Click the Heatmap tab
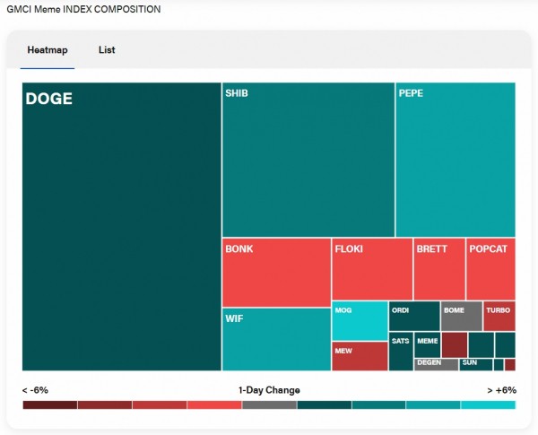tap(48, 50)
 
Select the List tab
tap(107, 50)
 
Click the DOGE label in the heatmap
tap(48, 99)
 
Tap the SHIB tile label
tap(237, 93)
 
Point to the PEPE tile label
tap(411, 93)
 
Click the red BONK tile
tap(276, 273)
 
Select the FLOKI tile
tap(372, 269)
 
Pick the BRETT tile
tap(439, 269)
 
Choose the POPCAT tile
tap(490, 269)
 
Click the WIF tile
tap(276, 339)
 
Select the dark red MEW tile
tap(360, 356)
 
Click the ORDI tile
tap(414, 317)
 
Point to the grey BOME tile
tap(462, 317)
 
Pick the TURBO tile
tap(499, 317)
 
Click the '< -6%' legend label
tap(36, 390)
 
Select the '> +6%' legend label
tap(502, 390)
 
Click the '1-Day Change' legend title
tap(269, 390)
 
